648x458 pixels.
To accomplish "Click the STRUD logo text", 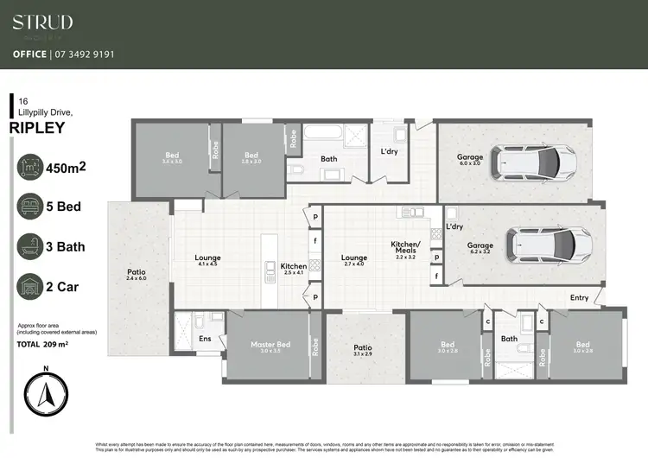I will coord(42,22).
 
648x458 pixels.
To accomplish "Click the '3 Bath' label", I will coord(65,246).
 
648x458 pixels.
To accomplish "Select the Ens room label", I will coord(205,339).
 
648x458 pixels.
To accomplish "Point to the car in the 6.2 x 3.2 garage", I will coord(549,245).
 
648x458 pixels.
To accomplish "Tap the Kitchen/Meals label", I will coord(404,249).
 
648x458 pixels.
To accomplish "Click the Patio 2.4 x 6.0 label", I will coord(137,275).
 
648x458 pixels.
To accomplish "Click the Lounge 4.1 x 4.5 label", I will coord(207,261).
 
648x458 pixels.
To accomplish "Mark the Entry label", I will coord(578,298).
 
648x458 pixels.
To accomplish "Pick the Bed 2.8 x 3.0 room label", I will coord(251,158).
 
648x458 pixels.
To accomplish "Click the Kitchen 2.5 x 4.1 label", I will coord(294,269).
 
